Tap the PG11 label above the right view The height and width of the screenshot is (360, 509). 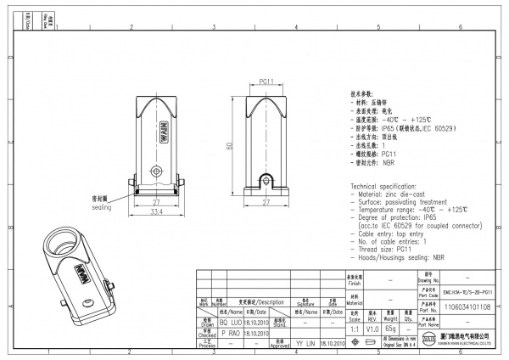pos(265,82)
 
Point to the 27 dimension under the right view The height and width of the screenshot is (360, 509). pos(266,203)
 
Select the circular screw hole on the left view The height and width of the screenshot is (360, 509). pos(155,167)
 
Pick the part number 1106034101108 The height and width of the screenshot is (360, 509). pos(467,307)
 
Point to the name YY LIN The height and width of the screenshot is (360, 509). pos(305,346)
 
